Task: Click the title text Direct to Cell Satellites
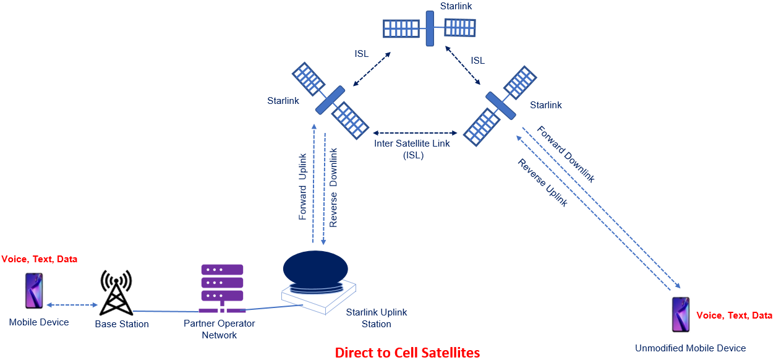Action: click(x=407, y=353)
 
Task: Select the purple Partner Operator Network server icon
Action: click(x=221, y=288)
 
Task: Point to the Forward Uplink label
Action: click(x=303, y=186)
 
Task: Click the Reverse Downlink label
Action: click(x=333, y=187)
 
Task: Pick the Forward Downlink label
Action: click(x=565, y=154)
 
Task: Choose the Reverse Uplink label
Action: click(x=542, y=182)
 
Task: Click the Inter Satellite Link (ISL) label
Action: click(x=412, y=149)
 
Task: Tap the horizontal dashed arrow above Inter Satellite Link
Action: click(x=414, y=133)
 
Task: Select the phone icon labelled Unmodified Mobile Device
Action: click(x=681, y=314)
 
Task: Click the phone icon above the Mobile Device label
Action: click(x=34, y=291)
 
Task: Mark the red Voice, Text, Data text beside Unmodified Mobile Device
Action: click(x=734, y=315)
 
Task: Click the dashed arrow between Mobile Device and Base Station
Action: click(x=72, y=305)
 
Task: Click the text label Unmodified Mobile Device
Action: click(x=690, y=348)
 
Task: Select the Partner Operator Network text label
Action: click(x=219, y=329)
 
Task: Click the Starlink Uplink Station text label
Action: click(x=376, y=318)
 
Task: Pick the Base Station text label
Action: click(x=122, y=324)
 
